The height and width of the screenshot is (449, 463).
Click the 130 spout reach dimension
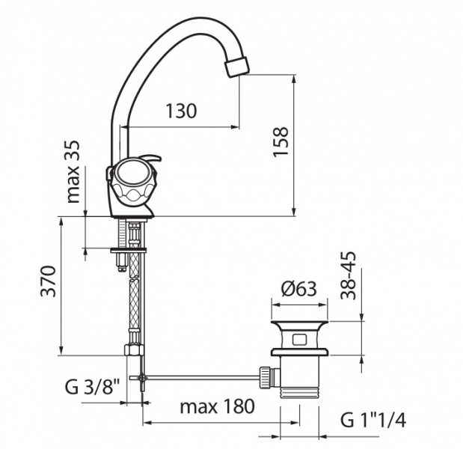point(181,111)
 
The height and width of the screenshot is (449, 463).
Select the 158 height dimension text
point(280,141)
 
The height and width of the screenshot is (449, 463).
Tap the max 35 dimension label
point(73,171)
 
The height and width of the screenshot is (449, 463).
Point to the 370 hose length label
point(48,281)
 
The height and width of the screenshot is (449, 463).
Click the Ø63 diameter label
point(299,289)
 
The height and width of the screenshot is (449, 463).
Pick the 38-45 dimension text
point(349,275)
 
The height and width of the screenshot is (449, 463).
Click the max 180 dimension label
point(218,406)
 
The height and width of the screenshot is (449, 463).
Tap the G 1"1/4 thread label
point(373,420)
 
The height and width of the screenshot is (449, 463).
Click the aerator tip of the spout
point(237,67)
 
